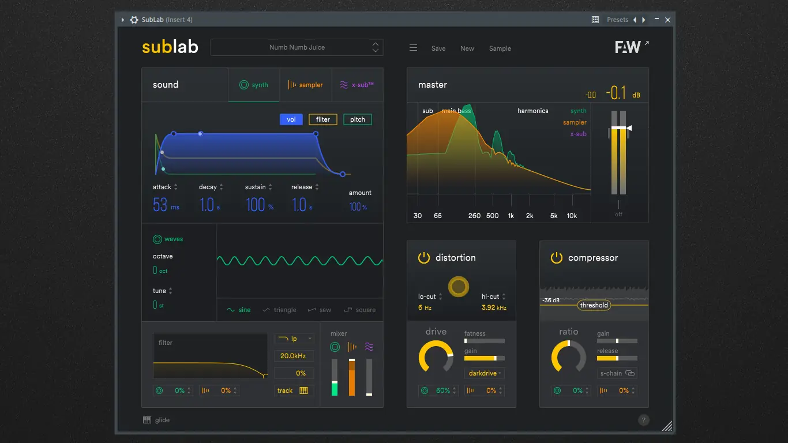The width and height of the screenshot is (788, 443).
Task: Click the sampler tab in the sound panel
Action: coord(306,85)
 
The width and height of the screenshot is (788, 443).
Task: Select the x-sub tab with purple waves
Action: coord(357,85)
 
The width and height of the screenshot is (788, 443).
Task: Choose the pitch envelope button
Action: coord(358,119)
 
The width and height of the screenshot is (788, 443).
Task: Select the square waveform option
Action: coord(360,310)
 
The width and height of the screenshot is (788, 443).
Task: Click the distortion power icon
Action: coord(424,258)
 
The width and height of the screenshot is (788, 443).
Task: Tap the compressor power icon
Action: coord(557,258)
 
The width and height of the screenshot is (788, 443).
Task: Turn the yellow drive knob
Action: coord(436,356)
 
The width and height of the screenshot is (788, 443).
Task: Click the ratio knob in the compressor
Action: coord(569,356)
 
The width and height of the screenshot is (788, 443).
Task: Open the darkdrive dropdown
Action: coord(485,373)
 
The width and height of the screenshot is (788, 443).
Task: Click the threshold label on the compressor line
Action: coord(594,305)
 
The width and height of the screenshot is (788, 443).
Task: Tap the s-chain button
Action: coord(617,373)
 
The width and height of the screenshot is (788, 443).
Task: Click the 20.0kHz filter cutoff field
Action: coord(294,356)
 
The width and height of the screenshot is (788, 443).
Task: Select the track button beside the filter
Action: coord(294,391)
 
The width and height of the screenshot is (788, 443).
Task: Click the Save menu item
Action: coord(438,48)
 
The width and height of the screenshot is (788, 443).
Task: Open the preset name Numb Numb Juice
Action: coord(297,47)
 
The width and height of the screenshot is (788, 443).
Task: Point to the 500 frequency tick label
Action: coord(492,216)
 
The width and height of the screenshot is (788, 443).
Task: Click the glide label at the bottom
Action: coord(162,420)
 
